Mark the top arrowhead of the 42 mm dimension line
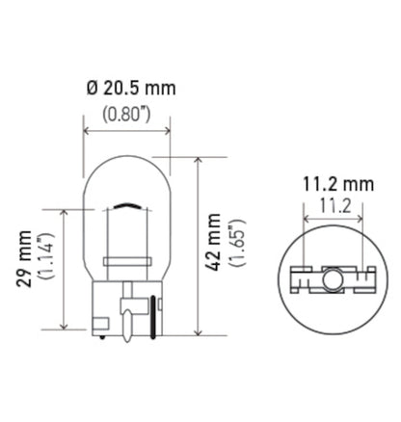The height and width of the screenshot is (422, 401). click(x=198, y=157)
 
